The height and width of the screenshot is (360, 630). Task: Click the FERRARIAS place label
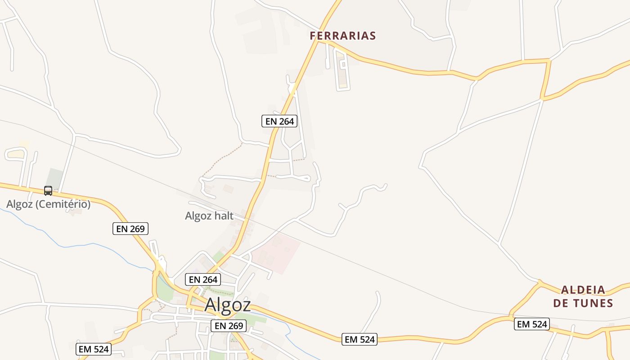pos(343,36)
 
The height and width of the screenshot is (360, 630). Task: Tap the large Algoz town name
pos(227,305)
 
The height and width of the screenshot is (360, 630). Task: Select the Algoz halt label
pos(209,216)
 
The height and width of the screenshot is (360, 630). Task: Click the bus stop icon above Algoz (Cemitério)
pos(48,191)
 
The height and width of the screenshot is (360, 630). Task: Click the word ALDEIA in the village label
pos(583,290)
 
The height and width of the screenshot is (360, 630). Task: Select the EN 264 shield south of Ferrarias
pos(279,121)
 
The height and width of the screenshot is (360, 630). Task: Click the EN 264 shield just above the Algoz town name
pos(203,279)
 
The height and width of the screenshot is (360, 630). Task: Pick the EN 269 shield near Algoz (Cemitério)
pos(130,229)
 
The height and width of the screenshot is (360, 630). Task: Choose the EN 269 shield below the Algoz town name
pos(229,326)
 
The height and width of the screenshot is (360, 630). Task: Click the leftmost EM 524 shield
pos(94,349)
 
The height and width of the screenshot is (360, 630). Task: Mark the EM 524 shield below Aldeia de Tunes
pos(532,324)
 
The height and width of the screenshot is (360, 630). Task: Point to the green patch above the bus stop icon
pos(55,178)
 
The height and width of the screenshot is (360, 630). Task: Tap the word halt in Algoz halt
pos(224,216)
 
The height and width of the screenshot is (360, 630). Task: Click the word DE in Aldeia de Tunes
pos(560,303)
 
